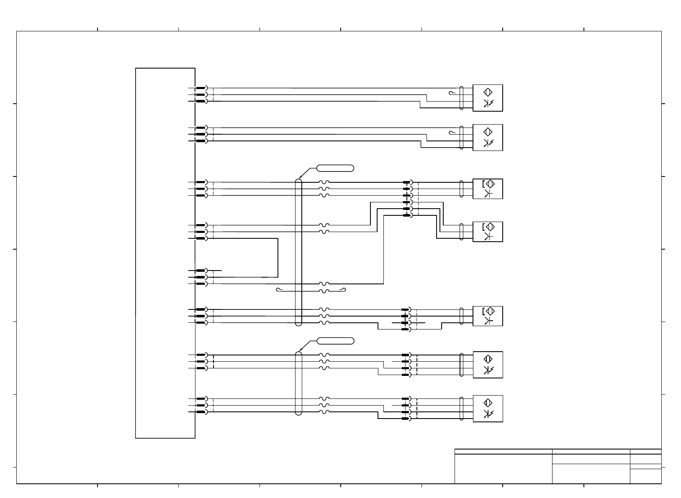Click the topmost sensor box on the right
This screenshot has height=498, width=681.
[488, 98]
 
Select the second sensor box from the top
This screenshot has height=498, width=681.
[488, 138]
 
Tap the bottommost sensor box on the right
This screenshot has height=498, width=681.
[488, 409]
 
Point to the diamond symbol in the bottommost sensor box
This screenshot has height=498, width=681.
[488, 403]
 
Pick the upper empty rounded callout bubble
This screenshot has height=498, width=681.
[335, 168]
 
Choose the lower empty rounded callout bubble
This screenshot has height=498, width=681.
[335, 341]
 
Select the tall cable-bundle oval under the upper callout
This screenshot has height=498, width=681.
[298, 252]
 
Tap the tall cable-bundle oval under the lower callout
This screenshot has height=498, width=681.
[298, 383]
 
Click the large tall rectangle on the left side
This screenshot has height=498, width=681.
[165, 253]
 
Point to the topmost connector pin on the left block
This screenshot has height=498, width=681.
[201, 88]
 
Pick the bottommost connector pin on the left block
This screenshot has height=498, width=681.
[201, 412]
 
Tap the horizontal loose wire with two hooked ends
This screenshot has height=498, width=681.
[311, 289]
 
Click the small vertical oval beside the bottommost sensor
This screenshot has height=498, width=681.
[461, 408]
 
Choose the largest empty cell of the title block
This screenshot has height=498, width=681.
[503, 469]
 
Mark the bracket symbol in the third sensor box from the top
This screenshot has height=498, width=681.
[483, 184]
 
